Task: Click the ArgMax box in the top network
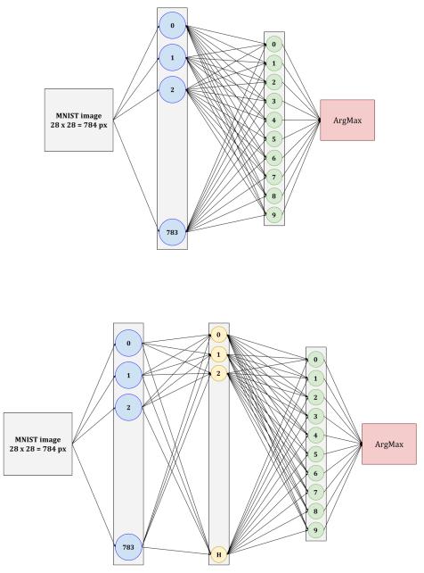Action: coord(347,120)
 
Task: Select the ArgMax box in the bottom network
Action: coord(389,444)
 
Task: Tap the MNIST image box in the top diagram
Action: coord(78,120)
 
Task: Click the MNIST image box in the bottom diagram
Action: coord(38,444)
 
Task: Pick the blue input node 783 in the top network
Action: coord(172,232)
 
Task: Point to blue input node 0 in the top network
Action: coord(172,26)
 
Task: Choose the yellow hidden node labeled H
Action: coord(219,554)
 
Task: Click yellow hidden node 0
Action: coord(219,335)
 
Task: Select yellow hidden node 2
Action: coord(219,373)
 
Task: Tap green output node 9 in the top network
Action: coord(273,215)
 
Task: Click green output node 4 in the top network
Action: coord(273,120)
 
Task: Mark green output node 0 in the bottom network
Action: coord(315,360)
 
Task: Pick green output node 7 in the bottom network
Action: coord(315,493)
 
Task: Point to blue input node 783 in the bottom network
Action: coord(128,547)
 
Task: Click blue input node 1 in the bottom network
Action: coord(128,375)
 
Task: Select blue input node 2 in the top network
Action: coord(172,90)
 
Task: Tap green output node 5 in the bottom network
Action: coord(315,454)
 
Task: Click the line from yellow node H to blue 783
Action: coord(176,551)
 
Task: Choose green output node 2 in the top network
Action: coord(273,82)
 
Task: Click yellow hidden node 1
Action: coord(219,354)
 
